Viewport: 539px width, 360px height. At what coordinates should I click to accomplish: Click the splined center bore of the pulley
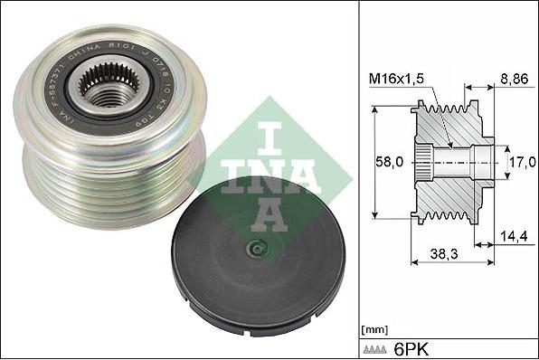tap(100, 88)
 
